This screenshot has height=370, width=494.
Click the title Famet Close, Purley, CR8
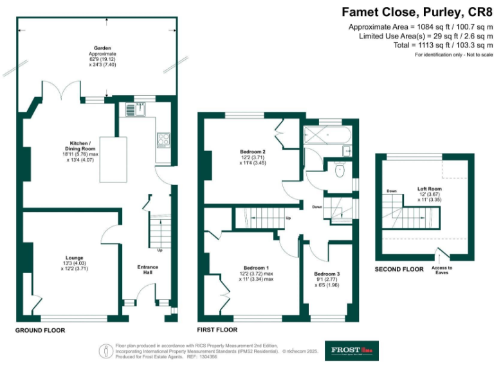(x=417, y=12)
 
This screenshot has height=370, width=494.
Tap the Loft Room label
(x=430, y=188)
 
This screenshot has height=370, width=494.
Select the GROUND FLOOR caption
(x=41, y=330)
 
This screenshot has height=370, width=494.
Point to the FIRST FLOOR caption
(x=217, y=330)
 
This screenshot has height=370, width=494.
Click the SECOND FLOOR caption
(x=399, y=269)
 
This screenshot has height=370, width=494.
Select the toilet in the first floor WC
(x=340, y=170)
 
